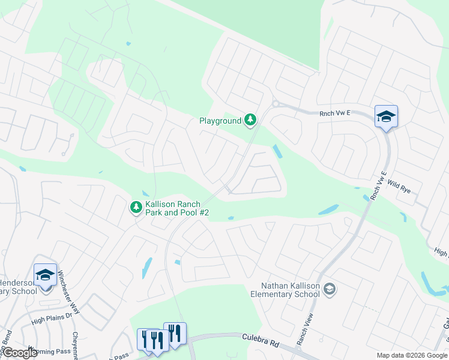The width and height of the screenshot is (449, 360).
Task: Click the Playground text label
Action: point(220,121)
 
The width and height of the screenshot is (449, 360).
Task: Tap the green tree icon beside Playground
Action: point(250,121)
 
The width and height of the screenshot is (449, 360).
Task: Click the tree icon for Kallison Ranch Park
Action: point(136,208)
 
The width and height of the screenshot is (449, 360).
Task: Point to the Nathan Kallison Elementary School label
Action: point(291,290)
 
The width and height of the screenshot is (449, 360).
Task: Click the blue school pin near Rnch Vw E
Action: point(386,117)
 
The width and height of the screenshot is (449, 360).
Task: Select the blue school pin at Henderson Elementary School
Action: point(46,275)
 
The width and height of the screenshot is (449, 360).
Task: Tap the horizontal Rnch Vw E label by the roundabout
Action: point(334,112)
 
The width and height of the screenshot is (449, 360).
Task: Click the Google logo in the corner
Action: point(20,353)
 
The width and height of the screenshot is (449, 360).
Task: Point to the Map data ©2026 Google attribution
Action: point(411,355)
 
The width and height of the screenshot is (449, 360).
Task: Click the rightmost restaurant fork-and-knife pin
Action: point(175,334)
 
